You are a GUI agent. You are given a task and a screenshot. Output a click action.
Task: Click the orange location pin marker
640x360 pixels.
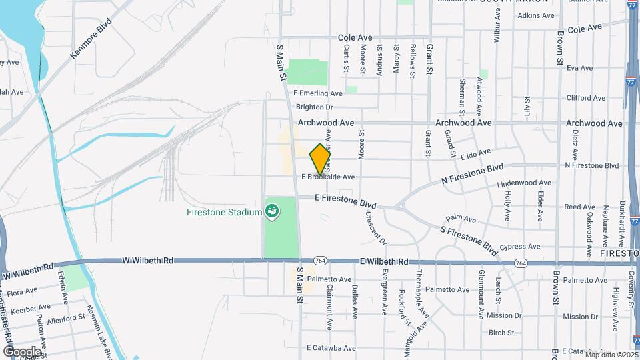coord(321,159)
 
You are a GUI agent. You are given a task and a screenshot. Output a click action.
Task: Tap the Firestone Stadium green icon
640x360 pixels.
coord(272,212)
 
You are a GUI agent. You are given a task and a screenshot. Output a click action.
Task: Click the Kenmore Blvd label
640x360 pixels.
coord(90,43)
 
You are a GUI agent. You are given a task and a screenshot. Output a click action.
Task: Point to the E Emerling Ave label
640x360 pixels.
coord(320,93)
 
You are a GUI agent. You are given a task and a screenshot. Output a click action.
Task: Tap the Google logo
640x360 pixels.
coord(22,351)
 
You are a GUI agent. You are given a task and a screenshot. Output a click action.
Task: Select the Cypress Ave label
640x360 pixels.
coord(520,247)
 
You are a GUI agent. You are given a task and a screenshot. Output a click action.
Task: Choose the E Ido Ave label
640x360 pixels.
coord(475,154)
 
